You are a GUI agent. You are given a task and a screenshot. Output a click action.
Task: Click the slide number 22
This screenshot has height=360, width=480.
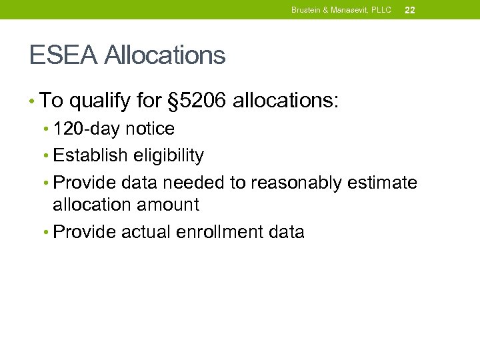[409, 10]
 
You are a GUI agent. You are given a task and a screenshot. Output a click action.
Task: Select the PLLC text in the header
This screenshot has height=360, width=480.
[381, 10]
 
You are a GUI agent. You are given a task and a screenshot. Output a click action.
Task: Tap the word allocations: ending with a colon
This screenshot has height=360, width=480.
[286, 101]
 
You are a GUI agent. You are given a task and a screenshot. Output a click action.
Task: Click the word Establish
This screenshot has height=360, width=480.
[90, 156]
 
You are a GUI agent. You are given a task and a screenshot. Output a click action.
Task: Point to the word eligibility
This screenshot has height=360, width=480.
[168, 156]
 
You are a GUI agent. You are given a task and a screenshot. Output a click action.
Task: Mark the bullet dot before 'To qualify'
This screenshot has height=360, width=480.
[32, 101]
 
